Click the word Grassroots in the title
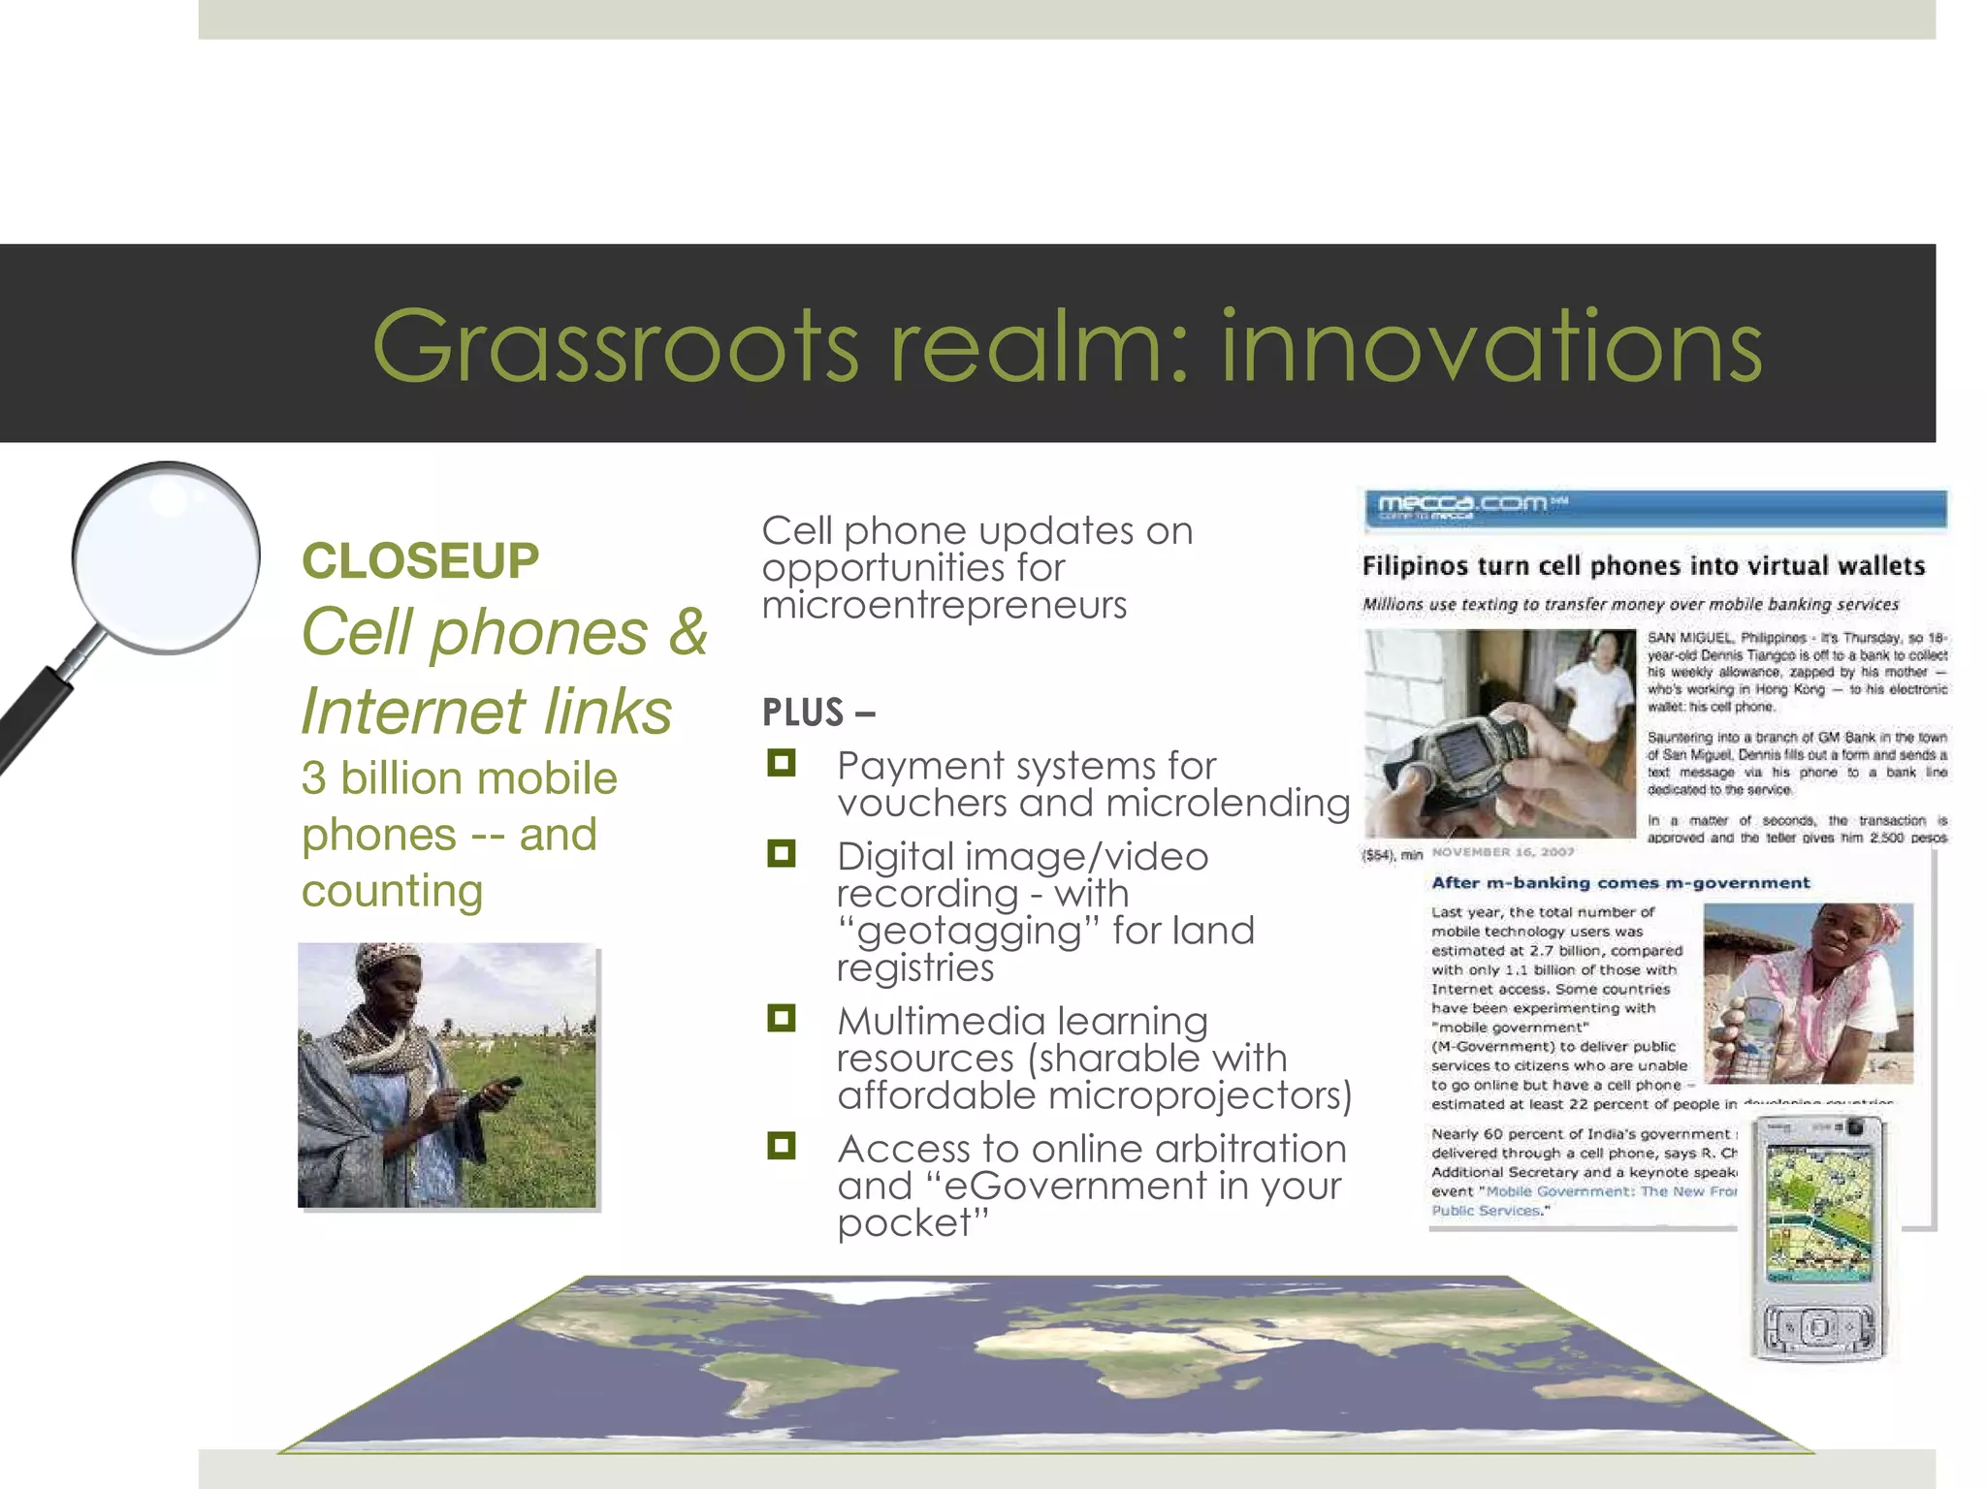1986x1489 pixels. tap(616, 346)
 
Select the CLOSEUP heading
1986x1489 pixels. tap(420, 560)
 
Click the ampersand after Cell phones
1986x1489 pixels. tap(688, 632)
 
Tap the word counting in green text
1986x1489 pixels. tap(392, 890)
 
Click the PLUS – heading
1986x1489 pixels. tap(818, 713)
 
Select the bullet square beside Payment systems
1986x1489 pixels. tap(781, 763)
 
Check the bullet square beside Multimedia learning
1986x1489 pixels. tap(781, 1018)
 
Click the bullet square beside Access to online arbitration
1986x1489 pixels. tap(781, 1146)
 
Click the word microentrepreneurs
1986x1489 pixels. tap(944, 605)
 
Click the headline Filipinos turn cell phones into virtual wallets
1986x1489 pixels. tap(1643, 566)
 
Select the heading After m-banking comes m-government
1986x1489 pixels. tap(1620, 883)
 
